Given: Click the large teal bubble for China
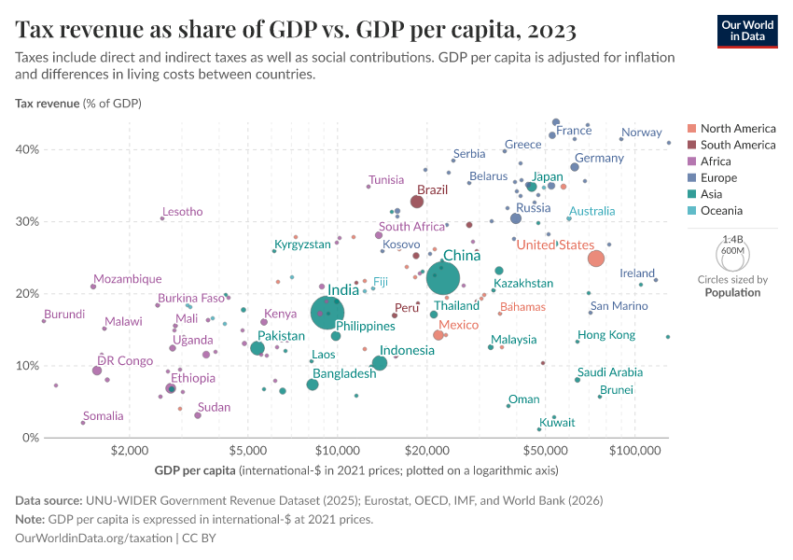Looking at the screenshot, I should [443, 277].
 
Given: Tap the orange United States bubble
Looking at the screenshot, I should [596, 259].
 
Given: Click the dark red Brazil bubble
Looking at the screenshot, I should [417, 202].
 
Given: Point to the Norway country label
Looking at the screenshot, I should [641, 133].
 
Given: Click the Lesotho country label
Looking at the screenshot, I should [182, 212].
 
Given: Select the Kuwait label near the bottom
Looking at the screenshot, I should [557, 423].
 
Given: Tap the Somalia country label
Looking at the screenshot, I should [103, 416].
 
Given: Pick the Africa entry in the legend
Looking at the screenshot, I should [715, 161].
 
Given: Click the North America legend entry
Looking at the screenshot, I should [737, 128].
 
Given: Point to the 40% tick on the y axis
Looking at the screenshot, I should [27, 149].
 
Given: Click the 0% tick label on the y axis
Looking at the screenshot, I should [30, 438].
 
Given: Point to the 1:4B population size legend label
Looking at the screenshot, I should [733, 239].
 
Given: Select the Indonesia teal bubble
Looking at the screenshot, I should [380, 363].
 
